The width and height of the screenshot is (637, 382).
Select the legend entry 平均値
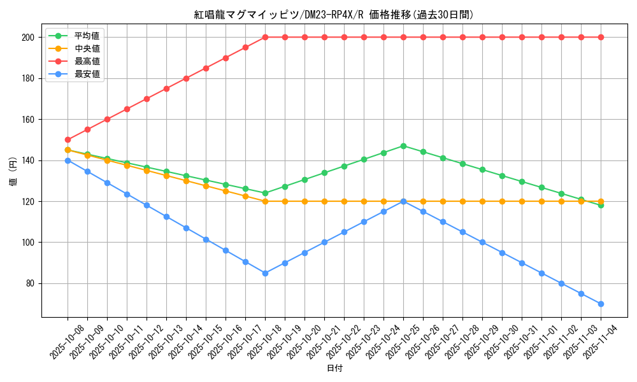pos(87,36)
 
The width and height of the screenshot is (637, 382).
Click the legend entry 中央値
pos(87,48)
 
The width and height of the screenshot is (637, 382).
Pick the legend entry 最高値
pos(87,61)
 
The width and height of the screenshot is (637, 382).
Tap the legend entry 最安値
pos(87,74)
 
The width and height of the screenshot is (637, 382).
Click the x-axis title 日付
pos(334,369)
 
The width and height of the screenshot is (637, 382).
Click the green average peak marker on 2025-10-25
pos(403,146)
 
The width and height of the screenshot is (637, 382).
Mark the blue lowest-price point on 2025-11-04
pos(601,304)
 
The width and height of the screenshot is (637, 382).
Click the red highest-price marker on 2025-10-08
pos(68,139)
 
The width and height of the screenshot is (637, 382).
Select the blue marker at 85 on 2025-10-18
pos(265,273)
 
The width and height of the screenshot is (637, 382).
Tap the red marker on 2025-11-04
pos(601,37)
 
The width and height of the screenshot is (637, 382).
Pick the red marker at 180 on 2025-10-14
pos(186,78)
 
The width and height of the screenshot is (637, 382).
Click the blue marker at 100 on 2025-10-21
pos(324,243)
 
